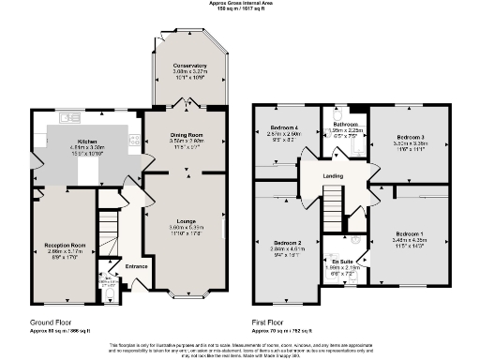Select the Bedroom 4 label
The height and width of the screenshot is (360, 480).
click(283, 127)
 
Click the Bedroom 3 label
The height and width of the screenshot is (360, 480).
click(409, 138)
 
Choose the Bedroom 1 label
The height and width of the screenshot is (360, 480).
click(409, 232)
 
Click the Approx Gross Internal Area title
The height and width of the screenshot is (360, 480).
click(239, 4)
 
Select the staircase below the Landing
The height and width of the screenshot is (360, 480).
click(334, 199)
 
